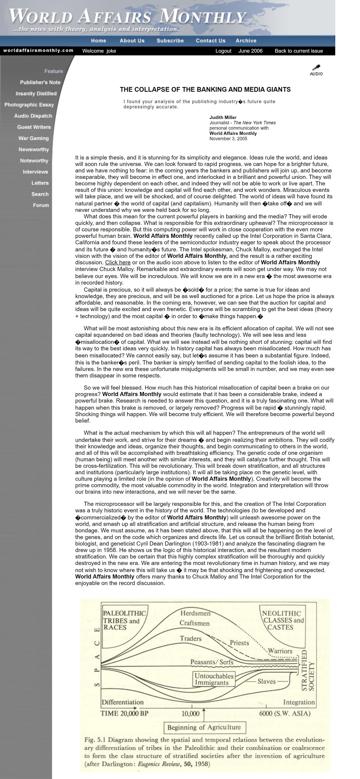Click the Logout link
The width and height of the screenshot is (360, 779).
(x=223, y=51)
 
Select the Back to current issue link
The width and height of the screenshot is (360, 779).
(x=298, y=51)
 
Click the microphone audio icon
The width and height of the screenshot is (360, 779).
(x=316, y=70)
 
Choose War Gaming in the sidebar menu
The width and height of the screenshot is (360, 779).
(x=33, y=138)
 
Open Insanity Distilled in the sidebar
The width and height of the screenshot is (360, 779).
(x=36, y=94)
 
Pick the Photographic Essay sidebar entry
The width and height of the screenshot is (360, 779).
(x=29, y=105)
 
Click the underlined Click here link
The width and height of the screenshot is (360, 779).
(x=118, y=263)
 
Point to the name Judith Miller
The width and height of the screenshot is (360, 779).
(x=223, y=117)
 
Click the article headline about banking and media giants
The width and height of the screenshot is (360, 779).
(x=205, y=90)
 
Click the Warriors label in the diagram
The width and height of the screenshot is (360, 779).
(x=280, y=651)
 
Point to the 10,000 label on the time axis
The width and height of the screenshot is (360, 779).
(x=190, y=713)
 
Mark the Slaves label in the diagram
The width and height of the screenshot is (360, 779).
(x=266, y=681)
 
